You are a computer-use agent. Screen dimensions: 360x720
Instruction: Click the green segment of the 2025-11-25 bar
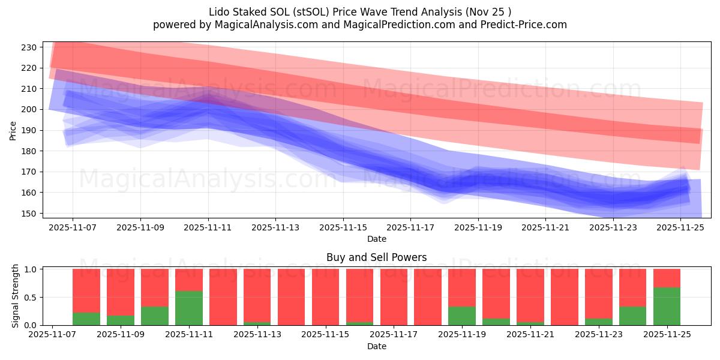point(667,307)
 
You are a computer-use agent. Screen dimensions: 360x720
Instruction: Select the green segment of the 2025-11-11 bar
point(189,308)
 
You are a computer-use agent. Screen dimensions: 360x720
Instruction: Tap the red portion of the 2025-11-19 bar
point(462,287)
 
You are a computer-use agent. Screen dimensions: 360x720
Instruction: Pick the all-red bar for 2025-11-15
point(325,297)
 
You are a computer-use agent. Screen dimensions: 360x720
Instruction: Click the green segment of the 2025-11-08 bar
point(86,319)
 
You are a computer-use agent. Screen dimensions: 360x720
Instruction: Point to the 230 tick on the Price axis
point(29,47)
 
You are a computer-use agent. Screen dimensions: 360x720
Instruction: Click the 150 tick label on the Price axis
point(29,214)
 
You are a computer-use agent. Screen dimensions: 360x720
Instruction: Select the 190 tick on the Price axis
point(29,130)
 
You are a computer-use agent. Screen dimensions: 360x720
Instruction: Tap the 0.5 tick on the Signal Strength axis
point(31,298)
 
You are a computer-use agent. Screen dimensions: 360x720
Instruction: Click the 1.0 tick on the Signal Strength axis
point(31,269)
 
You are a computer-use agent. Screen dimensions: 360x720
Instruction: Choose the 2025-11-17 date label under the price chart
point(410,228)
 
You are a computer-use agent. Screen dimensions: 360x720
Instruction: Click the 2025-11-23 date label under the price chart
point(613,228)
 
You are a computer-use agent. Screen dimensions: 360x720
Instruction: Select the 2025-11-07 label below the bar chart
point(53,335)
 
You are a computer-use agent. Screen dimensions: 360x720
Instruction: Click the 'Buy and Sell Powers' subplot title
point(376,257)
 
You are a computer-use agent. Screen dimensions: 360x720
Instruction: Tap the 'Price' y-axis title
point(13,130)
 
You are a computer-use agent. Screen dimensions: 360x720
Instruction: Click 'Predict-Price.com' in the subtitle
point(521,25)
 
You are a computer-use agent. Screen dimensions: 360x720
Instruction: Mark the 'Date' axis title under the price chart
point(376,239)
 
